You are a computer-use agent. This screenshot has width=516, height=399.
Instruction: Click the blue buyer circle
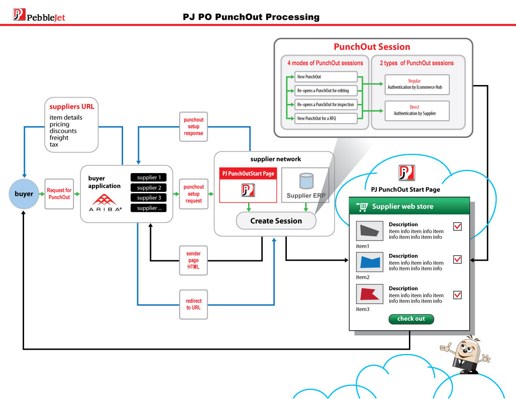[24, 194]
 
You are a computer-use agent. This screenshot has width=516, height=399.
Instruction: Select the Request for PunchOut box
[59, 194]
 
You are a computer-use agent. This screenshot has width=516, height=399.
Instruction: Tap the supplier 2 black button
[148, 188]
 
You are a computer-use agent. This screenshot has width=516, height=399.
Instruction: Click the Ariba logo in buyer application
[105, 202]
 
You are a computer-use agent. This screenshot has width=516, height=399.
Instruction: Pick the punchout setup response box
[193, 127]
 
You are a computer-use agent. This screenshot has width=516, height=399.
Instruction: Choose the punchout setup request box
[193, 194]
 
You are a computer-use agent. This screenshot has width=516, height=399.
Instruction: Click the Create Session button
[276, 221]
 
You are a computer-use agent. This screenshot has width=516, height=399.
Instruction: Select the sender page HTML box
[193, 260]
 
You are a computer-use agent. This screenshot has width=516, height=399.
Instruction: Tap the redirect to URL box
[193, 304]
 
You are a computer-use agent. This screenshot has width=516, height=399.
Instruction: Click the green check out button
[411, 319]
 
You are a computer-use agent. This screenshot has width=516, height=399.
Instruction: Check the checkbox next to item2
[458, 259]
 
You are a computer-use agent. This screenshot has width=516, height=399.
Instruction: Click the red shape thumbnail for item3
[369, 294]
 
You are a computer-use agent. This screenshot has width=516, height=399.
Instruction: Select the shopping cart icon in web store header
[362, 207]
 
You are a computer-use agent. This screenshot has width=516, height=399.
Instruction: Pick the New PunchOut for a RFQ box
[326, 118]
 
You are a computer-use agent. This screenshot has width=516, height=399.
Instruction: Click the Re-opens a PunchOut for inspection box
[326, 104]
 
